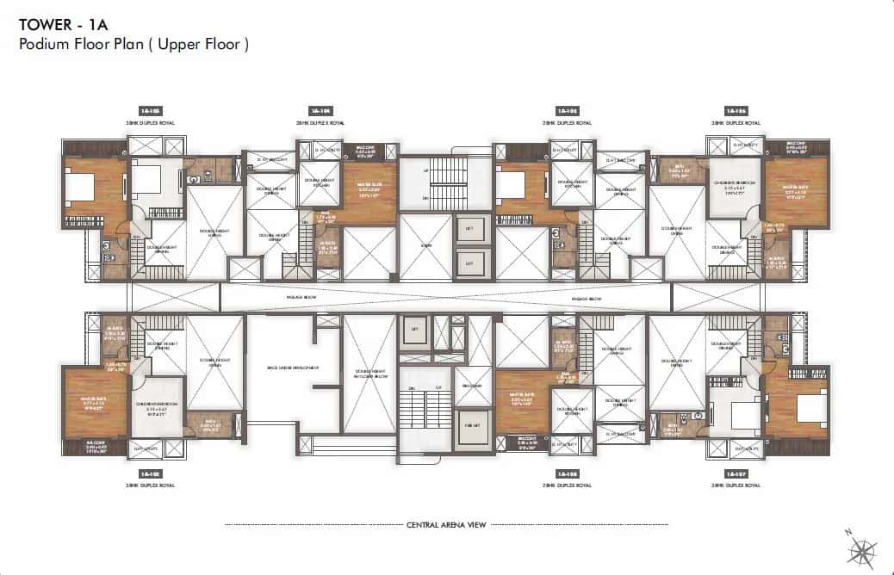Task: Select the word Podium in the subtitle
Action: click(x=43, y=44)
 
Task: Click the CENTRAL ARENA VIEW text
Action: click(x=447, y=523)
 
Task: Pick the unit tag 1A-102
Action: click(x=152, y=473)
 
